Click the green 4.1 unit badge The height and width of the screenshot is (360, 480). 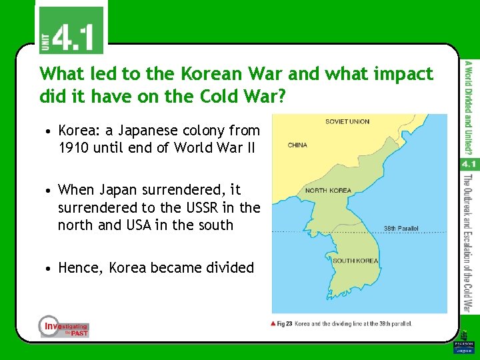point(70,30)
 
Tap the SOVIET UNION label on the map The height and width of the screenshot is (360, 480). point(347,122)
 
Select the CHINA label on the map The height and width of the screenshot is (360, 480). point(298,144)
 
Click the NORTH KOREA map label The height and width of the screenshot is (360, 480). point(328,191)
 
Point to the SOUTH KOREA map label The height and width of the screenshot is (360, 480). point(355,261)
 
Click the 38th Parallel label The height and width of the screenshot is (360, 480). point(401,228)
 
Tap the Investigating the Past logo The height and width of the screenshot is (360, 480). point(63,326)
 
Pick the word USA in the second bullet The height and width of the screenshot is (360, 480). point(153,225)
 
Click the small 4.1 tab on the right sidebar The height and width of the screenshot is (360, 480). point(468,164)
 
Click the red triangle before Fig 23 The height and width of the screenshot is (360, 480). point(273,323)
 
